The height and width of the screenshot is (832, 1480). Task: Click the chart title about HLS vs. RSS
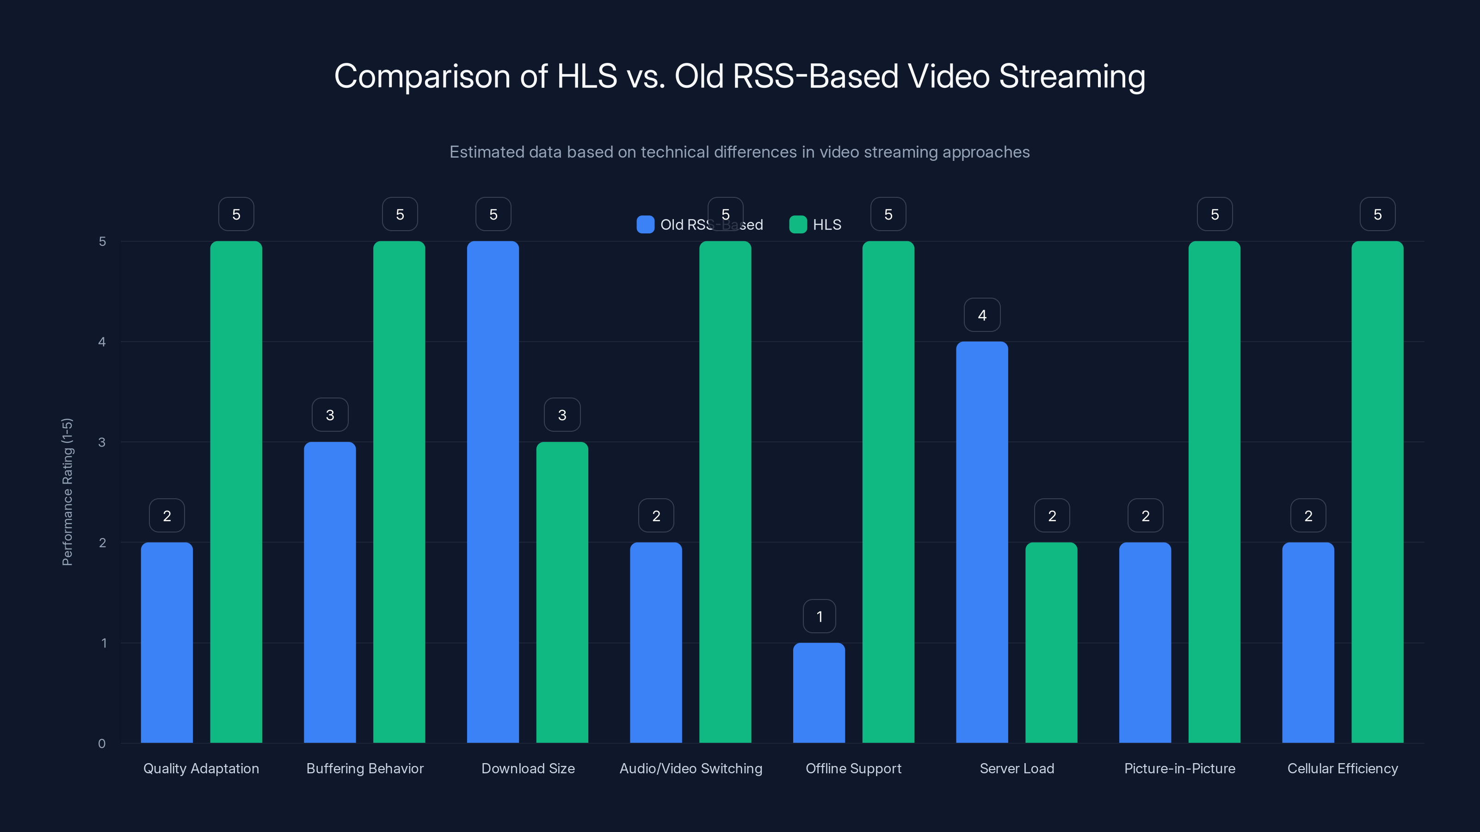pos(740,76)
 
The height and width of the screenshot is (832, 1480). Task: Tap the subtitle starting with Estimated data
pos(740,152)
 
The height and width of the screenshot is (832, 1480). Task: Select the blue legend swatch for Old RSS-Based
pos(645,225)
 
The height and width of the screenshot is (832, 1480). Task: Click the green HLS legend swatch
pos(798,225)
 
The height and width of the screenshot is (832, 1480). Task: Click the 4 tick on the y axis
pos(102,342)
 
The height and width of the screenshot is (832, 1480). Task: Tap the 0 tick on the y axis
pos(102,744)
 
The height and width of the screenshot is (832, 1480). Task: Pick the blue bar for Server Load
pos(982,542)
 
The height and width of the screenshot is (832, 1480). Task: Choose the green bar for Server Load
pos(1051,642)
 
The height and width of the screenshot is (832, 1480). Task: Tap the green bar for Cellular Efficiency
pos(1377,492)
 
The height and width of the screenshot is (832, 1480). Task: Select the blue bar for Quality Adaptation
pos(166,642)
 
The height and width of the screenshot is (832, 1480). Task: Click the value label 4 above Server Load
pos(982,315)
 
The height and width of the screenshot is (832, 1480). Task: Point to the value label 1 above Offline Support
pos(819,617)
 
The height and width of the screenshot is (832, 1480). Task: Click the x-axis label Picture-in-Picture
pos(1179,768)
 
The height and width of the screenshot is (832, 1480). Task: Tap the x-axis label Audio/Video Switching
pos(691,768)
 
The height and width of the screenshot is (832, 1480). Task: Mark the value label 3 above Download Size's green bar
pos(562,415)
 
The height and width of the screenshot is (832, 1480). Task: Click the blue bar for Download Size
pos(493,492)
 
